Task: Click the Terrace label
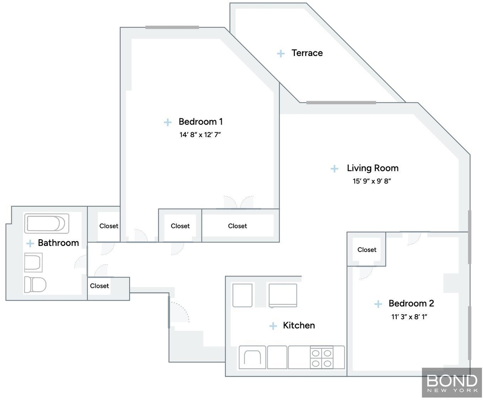(x=307, y=53)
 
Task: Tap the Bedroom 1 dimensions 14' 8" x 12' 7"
(x=200, y=135)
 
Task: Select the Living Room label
(x=373, y=168)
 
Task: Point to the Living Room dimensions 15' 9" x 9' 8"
(x=372, y=181)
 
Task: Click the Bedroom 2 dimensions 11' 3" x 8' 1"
(x=409, y=317)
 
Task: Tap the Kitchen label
(x=299, y=325)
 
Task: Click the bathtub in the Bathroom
(x=47, y=223)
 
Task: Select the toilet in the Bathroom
(x=35, y=284)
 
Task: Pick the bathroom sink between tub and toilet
(x=33, y=262)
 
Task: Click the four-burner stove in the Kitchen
(x=321, y=358)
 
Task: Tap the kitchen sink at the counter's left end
(x=253, y=357)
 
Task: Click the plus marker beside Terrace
(x=281, y=54)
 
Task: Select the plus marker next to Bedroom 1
(x=167, y=122)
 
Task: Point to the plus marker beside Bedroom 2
(x=378, y=304)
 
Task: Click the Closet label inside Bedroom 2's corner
(x=366, y=250)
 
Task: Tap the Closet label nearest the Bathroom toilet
(x=99, y=286)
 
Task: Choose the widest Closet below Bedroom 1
(x=238, y=226)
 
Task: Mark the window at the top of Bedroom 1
(x=172, y=27)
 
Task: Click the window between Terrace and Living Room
(x=341, y=102)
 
